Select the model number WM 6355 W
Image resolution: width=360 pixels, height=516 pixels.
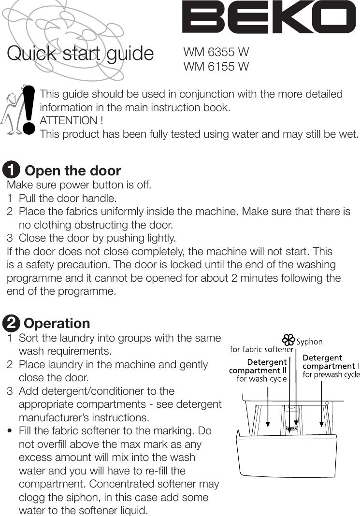[x=216, y=52]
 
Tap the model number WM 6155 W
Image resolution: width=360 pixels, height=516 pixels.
[x=216, y=66]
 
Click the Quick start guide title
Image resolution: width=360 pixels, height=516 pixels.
[x=80, y=54]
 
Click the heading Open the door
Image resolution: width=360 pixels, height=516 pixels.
[x=72, y=171]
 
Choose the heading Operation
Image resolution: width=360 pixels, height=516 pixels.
[x=57, y=323]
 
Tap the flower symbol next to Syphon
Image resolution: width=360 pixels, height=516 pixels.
[x=288, y=340]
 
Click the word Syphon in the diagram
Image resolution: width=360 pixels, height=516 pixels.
[x=309, y=342]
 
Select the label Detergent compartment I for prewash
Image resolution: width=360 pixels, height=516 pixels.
[x=331, y=366]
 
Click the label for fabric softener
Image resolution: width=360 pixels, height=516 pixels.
[x=261, y=349]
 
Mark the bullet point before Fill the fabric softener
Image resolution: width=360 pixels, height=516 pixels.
[x=10, y=431]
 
